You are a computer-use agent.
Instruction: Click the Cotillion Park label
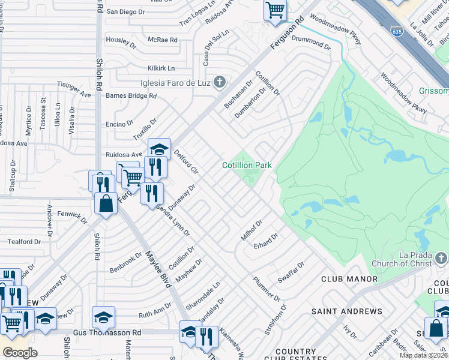pyautogui.click(x=247, y=165)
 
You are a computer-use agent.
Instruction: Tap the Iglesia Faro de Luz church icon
pyautogui.click(x=220, y=82)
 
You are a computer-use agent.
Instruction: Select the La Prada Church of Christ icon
pyautogui.click(x=441, y=258)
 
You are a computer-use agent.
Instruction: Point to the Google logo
pyautogui.click(x=20, y=352)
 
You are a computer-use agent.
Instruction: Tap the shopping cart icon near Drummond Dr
pyautogui.click(x=275, y=10)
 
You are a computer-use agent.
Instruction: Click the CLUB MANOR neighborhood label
pyautogui.click(x=349, y=279)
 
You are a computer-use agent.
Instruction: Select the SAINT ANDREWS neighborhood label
pyautogui.click(x=346, y=311)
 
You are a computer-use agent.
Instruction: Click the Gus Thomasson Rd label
pyautogui.click(x=107, y=332)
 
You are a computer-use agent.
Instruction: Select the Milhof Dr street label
pyautogui.click(x=252, y=230)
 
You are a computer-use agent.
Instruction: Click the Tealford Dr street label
pyautogui.click(x=24, y=242)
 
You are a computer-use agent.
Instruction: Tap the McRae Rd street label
pyautogui.click(x=163, y=40)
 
